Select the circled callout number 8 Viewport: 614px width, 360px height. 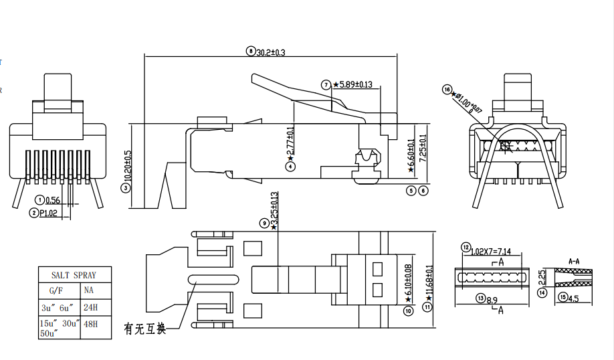click(x=251, y=51)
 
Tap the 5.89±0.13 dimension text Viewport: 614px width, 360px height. click(x=356, y=85)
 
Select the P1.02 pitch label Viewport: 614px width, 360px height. click(x=49, y=213)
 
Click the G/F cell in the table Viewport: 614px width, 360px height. click(x=56, y=291)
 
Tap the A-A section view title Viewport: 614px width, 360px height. click(x=574, y=260)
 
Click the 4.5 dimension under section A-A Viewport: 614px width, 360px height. click(x=573, y=297)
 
